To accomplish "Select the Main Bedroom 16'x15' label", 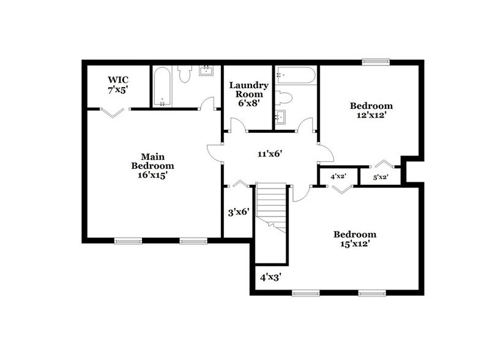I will coord(153,165).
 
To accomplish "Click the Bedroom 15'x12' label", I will coord(354,239).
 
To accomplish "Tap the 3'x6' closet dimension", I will coord(238,213).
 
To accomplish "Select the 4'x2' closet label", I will coord(338,176).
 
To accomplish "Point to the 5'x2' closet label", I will coord(381,178).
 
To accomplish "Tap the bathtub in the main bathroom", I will coord(161,86).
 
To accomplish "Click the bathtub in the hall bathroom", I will coord(296,76).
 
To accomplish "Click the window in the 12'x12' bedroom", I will coord(375,61).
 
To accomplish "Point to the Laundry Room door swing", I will coord(235,124).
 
